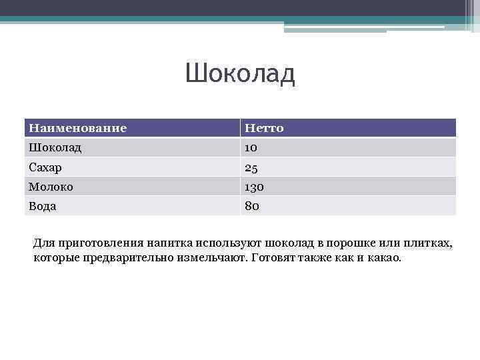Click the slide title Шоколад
pyautogui.click(x=240, y=74)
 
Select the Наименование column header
pyautogui.click(x=78, y=128)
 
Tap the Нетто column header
pyautogui.click(x=264, y=128)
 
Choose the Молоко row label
pyautogui.click(x=51, y=187)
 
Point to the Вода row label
pyautogui.click(x=42, y=206)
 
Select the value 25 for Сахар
pyautogui.click(x=252, y=167)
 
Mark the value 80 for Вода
pyautogui.click(x=252, y=206)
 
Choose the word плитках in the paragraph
pyautogui.click(x=427, y=243)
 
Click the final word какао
pyautogui.click(x=385, y=257)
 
